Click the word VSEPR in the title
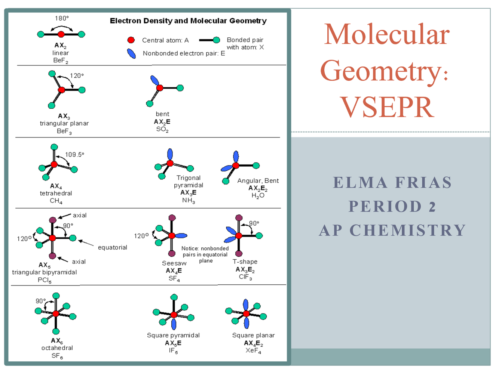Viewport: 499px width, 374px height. [x=387, y=107]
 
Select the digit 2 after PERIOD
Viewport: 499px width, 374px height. [x=432, y=207]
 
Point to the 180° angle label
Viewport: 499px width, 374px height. [x=62, y=18]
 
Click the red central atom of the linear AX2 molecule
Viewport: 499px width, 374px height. [x=61, y=34]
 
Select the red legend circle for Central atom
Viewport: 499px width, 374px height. [x=131, y=40]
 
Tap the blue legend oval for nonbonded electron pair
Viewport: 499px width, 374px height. [x=131, y=53]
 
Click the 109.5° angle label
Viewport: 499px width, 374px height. [x=74, y=155]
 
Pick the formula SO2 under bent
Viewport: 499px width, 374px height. [x=162, y=130]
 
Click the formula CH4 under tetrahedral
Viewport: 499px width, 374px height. [x=56, y=201]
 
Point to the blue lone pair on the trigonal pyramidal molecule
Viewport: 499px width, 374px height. [x=170, y=154]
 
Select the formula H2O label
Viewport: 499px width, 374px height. [x=258, y=195]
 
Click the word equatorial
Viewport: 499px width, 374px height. [x=112, y=247]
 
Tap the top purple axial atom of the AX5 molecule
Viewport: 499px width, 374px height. [x=53, y=220]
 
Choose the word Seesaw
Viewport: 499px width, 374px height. [x=174, y=263]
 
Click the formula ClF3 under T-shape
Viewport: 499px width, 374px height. [x=245, y=277]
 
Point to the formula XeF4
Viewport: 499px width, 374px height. [x=253, y=351]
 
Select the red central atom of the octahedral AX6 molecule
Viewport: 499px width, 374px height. [x=56, y=313]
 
